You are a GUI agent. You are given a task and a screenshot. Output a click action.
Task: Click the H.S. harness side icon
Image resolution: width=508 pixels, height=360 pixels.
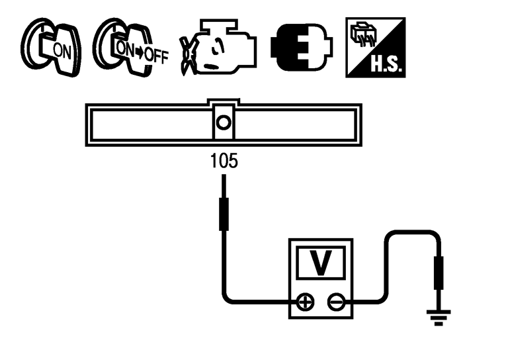(375, 46)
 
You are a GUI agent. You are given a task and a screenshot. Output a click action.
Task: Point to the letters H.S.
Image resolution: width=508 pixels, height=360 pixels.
(387, 64)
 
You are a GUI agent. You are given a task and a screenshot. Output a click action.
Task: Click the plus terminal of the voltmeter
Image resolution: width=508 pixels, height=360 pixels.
(305, 302)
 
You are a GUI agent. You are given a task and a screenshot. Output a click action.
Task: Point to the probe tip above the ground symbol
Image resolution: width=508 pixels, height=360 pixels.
(437, 275)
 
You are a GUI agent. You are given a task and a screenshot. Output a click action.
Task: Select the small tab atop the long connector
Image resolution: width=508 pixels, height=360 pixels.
(224, 103)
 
